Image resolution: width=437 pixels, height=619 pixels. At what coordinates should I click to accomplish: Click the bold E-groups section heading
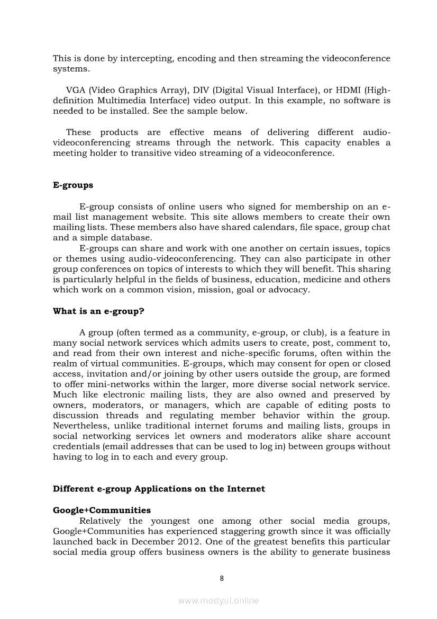[x=73, y=185]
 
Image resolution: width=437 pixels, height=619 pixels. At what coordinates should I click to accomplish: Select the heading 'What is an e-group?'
[x=98, y=311]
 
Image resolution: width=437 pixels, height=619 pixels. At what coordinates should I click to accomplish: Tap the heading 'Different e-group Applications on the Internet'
[x=159, y=489]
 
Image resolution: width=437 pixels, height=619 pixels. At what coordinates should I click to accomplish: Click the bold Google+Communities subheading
[x=102, y=510]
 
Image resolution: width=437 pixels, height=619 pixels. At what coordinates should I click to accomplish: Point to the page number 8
[x=222, y=578]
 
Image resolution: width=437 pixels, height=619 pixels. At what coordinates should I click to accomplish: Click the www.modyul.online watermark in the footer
[x=218, y=600]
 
